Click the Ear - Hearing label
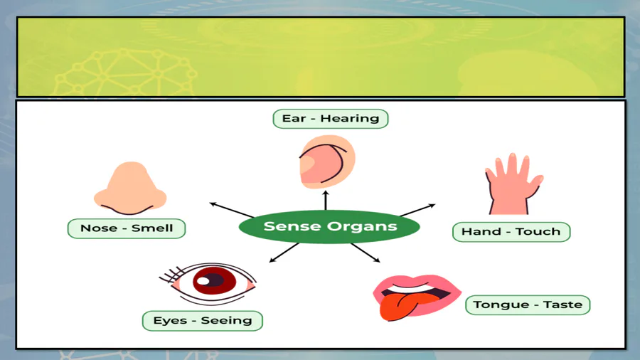pyautogui.click(x=331, y=118)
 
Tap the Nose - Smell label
pyautogui.click(x=127, y=228)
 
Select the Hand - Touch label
pyautogui.click(x=511, y=231)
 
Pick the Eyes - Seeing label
pyautogui.click(x=203, y=320)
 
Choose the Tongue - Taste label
pyautogui.click(x=528, y=305)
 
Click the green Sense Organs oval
pyautogui.click(x=329, y=227)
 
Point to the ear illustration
pyautogui.click(x=326, y=161)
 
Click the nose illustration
pyautogui.click(x=130, y=189)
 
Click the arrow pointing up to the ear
pyautogui.click(x=326, y=200)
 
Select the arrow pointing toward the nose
pyautogui.click(x=232, y=210)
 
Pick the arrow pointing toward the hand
pyautogui.click(x=417, y=210)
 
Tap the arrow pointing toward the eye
pyautogui.click(x=285, y=252)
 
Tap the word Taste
pyautogui.click(x=562, y=305)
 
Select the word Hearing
pyautogui.click(x=349, y=118)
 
